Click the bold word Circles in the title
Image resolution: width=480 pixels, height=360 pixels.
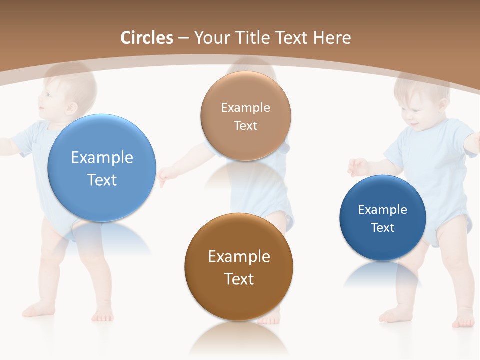[146, 38]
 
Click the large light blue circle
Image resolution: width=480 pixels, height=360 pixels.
[101, 168]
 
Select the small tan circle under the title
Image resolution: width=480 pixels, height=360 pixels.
[245, 116]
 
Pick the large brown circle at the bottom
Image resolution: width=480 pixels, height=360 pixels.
[239, 267]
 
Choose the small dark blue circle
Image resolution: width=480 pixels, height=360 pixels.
[382, 218]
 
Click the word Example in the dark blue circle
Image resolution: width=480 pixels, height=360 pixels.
[382, 209]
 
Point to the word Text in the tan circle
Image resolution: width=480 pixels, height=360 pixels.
[245, 125]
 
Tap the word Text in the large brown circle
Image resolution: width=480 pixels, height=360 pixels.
[239, 279]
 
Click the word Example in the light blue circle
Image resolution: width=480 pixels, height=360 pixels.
[102, 157]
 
